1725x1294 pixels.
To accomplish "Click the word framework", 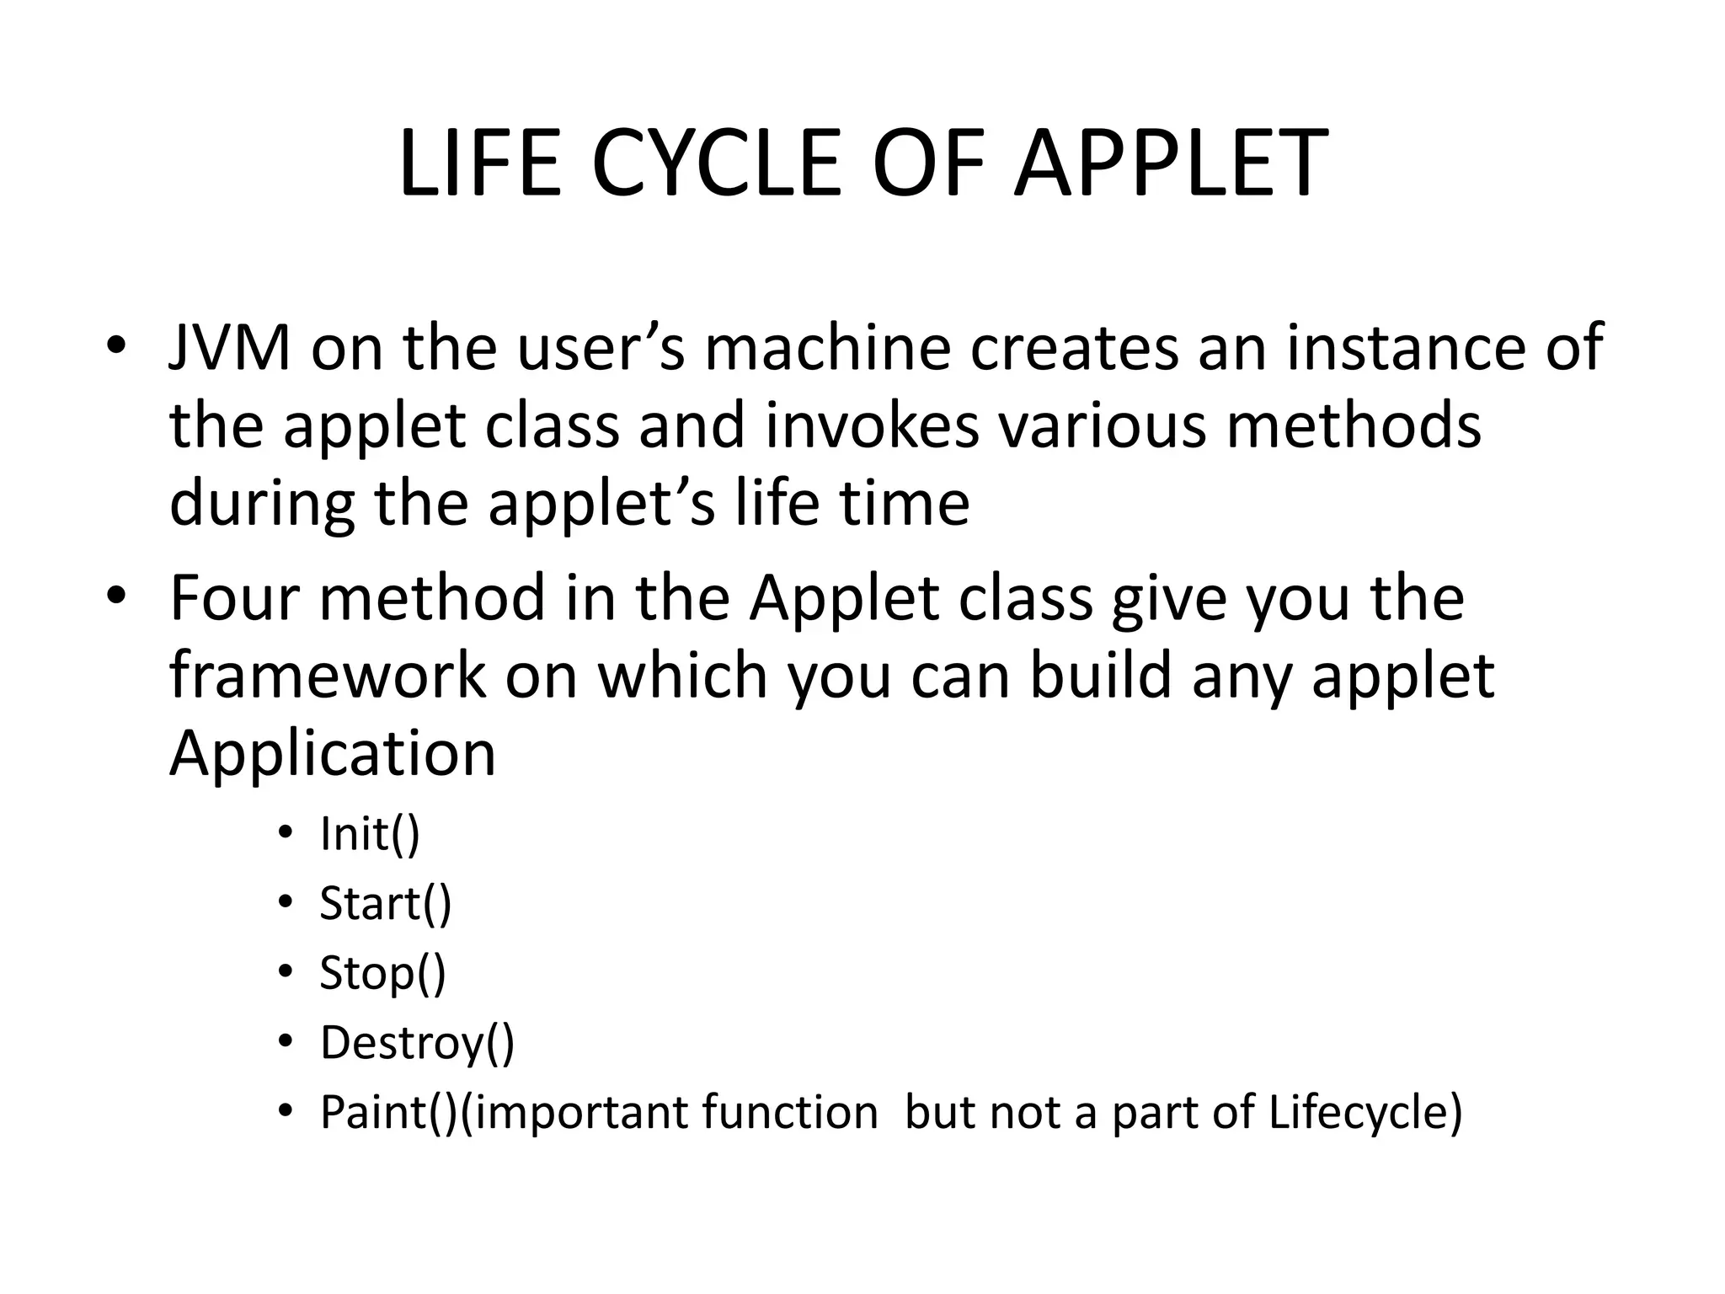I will point(328,676).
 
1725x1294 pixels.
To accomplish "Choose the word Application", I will point(333,754).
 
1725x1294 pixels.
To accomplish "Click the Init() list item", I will point(369,834).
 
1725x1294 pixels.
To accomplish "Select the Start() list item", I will point(385,903).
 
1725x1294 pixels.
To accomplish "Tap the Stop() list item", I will point(382,973).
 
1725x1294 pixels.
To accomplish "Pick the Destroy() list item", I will point(417,1043).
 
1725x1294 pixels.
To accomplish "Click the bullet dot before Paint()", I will point(286,1112).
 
